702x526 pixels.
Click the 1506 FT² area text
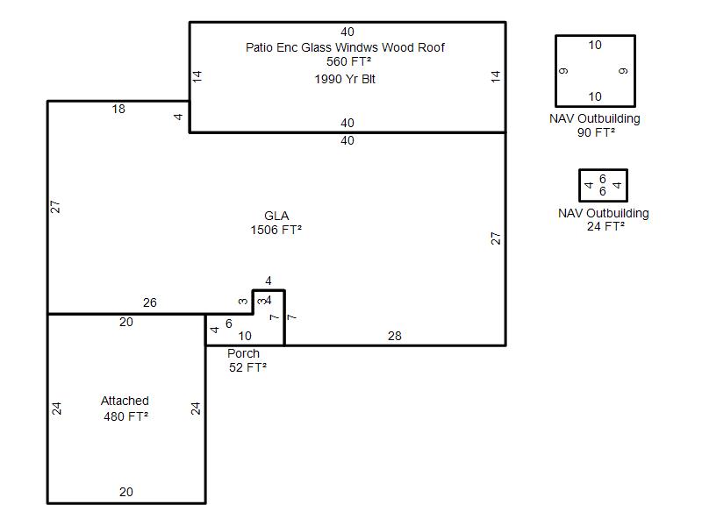click(x=276, y=230)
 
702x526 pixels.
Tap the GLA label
click(x=276, y=216)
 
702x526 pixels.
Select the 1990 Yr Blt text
click(x=345, y=79)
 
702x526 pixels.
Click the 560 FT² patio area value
click(x=348, y=61)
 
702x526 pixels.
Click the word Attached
click(x=125, y=401)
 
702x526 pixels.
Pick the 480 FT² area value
click(x=125, y=417)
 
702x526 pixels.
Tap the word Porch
click(x=243, y=353)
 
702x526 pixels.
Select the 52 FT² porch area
click(x=247, y=367)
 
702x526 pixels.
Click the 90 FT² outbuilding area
click(x=596, y=132)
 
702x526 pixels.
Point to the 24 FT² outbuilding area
click(x=605, y=226)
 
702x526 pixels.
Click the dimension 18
click(x=118, y=109)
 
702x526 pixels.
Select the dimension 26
click(x=149, y=302)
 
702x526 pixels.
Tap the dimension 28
click(x=394, y=336)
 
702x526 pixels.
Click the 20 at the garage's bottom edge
click(x=125, y=492)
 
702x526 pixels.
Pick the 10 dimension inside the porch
click(x=245, y=336)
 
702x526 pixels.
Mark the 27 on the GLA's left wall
click(x=55, y=207)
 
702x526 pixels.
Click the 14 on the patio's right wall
click(x=495, y=76)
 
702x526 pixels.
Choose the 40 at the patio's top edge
click(x=347, y=32)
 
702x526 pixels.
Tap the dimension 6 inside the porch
click(x=229, y=323)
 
